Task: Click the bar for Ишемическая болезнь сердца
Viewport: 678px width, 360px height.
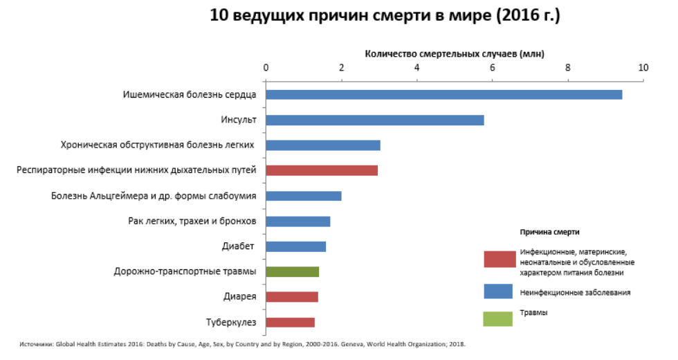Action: pyautogui.click(x=443, y=95)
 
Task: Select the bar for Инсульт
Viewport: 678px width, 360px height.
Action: pyautogui.click(x=374, y=120)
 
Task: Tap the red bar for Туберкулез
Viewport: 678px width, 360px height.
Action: pyautogui.click(x=290, y=323)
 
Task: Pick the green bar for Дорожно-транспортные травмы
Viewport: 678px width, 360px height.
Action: pyautogui.click(x=292, y=272)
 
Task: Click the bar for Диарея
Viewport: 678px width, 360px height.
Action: pyautogui.click(x=291, y=297)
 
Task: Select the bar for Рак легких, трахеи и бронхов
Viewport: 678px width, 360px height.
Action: pyautogui.click(x=297, y=222)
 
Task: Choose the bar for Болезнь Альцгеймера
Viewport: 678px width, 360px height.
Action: pyautogui.click(x=303, y=196)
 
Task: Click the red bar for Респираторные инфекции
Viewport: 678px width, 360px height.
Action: pyautogui.click(x=322, y=171)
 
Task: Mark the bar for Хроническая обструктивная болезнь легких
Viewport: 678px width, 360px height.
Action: pyautogui.click(x=323, y=145)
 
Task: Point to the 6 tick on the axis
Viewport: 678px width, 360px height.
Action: pyautogui.click(x=493, y=67)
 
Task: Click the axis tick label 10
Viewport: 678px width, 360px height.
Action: pyautogui.click(x=643, y=67)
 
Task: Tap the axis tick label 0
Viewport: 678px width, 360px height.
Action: pyautogui.click(x=266, y=67)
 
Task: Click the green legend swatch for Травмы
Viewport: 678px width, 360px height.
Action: pyautogui.click(x=497, y=318)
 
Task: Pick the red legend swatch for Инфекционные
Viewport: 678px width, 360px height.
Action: pyautogui.click(x=497, y=259)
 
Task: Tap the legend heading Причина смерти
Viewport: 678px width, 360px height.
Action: pyautogui.click(x=549, y=231)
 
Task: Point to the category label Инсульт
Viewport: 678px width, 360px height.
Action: pyautogui.click(x=239, y=120)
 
